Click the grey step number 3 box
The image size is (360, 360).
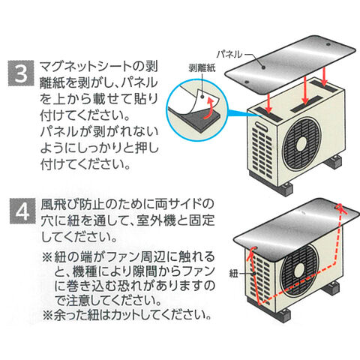pyautogui.click(x=21, y=73)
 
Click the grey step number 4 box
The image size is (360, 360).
pyautogui.click(x=22, y=211)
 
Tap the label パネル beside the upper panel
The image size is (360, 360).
pyautogui.click(x=229, y=54)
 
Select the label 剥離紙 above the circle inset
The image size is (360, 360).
pyautogui.click(x=202, y=68)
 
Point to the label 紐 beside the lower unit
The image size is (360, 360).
pyautogui.click(x=234, y=274)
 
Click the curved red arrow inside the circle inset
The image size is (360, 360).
pyautogui.click(x=209, y=109)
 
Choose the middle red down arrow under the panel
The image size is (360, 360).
pyautogui.click(x=304, y=90)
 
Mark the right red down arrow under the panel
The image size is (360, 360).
pyautogui.click(x=325, y=76)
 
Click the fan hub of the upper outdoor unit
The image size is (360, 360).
pyautogui.click(x=301, y=144)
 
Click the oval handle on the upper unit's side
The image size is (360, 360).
pyautogui.click(x=261, y=126)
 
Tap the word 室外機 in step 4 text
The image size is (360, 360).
pyautogui.click(x=156, y=220)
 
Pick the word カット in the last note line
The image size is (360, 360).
pyautogui.click(x=127, y=315)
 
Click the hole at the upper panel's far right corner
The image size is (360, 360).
pyautogui.click(x=328, y=45)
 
